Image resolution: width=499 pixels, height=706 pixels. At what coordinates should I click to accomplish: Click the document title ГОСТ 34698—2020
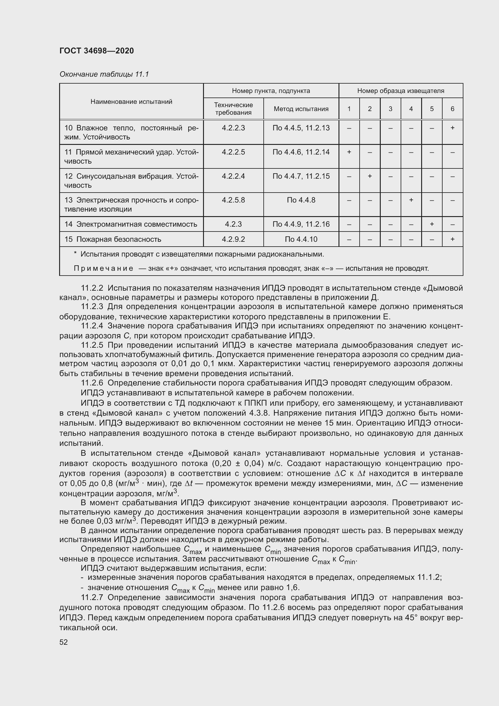click(x=97, y=51)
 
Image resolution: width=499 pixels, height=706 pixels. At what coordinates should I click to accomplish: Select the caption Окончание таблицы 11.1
click(x=104, y=74)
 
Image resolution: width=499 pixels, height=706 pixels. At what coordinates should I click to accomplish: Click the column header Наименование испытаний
click(x=131, y=101)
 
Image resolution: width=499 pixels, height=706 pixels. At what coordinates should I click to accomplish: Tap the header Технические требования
click(x=233, y=109)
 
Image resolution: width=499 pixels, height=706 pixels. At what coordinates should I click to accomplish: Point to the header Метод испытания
click(x=301, y=109)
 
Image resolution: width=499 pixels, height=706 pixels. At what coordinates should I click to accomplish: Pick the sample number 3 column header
click(x=390, y=109)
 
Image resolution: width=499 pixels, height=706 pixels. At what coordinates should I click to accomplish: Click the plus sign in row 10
click(x=452, y=128)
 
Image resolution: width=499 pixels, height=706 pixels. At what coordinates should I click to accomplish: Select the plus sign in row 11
click(x=349, y=152)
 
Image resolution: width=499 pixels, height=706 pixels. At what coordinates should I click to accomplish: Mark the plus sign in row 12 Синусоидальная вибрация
click(x=370, y=176)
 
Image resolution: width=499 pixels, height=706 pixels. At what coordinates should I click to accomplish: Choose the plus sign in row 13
click(x=411, y=200)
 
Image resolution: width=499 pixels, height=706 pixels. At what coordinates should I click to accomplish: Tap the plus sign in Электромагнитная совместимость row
click(x=432, y=224)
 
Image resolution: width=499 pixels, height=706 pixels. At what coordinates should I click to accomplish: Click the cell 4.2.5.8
click(x=233, y=200)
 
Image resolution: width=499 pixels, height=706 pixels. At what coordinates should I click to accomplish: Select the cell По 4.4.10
click(x=301, y=239)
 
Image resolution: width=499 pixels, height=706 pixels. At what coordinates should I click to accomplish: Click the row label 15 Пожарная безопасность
click(x=113, y=239)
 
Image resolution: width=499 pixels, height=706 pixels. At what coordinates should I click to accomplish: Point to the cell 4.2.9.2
click(x=233, y=239)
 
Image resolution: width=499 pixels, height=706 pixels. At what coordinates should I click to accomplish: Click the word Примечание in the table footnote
click(x=103, y=268)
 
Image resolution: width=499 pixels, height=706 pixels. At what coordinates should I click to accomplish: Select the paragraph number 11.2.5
click(x=92, y=345)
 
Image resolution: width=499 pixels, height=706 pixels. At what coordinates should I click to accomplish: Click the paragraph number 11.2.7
click(x=92, y=597)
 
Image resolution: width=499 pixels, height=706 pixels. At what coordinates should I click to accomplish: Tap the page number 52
click(x=63, y=642)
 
